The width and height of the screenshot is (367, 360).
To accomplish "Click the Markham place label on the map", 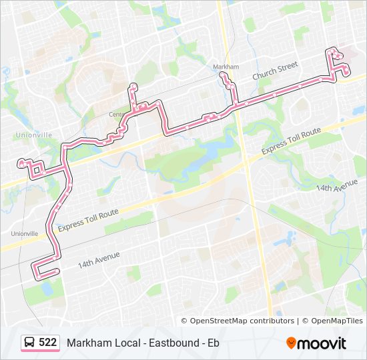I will [x=226, y=67].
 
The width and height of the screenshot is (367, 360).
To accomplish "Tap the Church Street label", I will [x=274, y=72].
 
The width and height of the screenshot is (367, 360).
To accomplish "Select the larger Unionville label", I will [x=32, y=135].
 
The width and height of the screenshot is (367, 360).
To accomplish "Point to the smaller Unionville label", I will [x=25, y=233].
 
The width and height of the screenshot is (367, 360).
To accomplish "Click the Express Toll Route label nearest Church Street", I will [x=292, y=141].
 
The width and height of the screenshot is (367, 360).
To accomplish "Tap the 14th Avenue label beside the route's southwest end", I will [x=98, y=259].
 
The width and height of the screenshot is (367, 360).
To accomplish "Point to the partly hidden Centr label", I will [x=116, y=114].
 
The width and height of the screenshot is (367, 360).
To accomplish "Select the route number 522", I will [x=47, y=343].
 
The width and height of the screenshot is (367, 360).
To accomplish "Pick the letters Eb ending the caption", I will [x=213, y=343].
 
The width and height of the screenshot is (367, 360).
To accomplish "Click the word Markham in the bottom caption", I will [x=85, y=343].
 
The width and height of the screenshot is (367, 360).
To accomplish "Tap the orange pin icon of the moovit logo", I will [x=291, y=343].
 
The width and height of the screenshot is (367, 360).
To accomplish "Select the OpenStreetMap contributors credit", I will [x=238, y=321].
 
